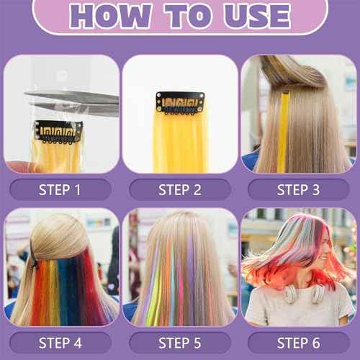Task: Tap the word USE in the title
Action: [252, 15]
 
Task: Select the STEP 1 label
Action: [60, 189]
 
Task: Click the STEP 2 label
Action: [180, 189]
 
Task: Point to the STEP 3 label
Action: [300, 189]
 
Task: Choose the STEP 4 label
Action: [60, 342]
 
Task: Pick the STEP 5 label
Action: [180, 342]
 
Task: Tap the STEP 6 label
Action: [300, 342]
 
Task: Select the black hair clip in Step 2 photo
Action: [180, 102]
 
